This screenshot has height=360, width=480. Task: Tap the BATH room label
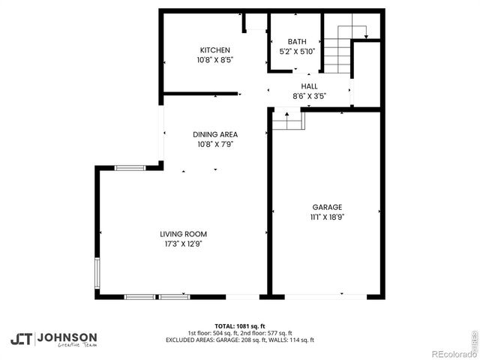click(x=297, y=42)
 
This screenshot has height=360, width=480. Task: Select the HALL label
click(x=309, y=86)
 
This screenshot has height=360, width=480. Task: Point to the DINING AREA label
click(x=215, y=135)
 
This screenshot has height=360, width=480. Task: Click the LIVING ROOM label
click(x=183, y=234)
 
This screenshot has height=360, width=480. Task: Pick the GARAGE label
click(x=327, y=207)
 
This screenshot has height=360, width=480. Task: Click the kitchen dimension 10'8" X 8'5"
click(x=214, y=60)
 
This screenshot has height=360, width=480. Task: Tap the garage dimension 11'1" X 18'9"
click(x=327, y=217)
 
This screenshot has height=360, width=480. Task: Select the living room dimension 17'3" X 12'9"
click(x=183, y=244)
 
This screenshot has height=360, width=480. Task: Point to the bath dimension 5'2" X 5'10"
click(x=297, y=52)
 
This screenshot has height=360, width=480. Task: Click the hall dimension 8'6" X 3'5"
click(x=309, y=96)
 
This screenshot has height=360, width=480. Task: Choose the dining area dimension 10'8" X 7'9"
click(x=215, y=145)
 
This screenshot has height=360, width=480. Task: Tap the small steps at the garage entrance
click(x=287, y=119)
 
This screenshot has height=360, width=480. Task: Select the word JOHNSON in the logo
click(x=67, y=337)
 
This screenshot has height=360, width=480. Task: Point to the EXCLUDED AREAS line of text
click(x=240, y=340)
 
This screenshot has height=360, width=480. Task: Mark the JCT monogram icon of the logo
click(x=21, y=339)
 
